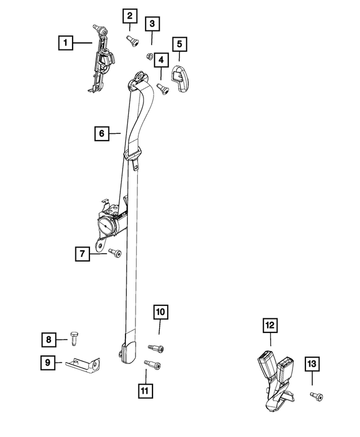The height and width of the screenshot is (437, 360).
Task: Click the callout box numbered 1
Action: click(x=65, y=43)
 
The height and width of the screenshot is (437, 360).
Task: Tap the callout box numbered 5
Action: click(x=179, y=44)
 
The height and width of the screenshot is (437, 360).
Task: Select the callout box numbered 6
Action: click(x=102, y=133)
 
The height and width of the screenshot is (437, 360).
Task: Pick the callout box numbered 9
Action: click(x=48, y=363)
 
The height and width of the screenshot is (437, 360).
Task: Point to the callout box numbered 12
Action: click(x=270, y=326)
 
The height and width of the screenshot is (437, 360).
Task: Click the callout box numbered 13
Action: click(x=312, y=364)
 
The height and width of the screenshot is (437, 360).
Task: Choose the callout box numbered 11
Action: click(x=146, y=391)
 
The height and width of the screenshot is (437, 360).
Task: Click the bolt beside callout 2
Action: click(x=133, y=41)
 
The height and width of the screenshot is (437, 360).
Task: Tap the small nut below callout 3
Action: click(x=149, y=57)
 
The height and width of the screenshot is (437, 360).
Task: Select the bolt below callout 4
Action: click(x=163, y=89)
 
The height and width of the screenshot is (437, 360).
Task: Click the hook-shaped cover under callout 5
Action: click(x=180, y=79)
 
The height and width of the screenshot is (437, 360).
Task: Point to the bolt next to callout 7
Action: click(x=115, y=253)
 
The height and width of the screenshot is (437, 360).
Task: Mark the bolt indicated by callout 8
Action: click(x=74, y=339)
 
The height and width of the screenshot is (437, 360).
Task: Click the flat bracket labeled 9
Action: click(x=83, y=364)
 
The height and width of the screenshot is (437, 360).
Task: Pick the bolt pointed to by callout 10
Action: click(x=155, y=348)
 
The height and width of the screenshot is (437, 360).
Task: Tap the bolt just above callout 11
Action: click(x=152, y=364)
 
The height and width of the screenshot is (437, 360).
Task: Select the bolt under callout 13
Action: click(x=316, y=396)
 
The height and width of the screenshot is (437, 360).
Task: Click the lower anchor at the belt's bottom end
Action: click(x=128, y=352)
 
